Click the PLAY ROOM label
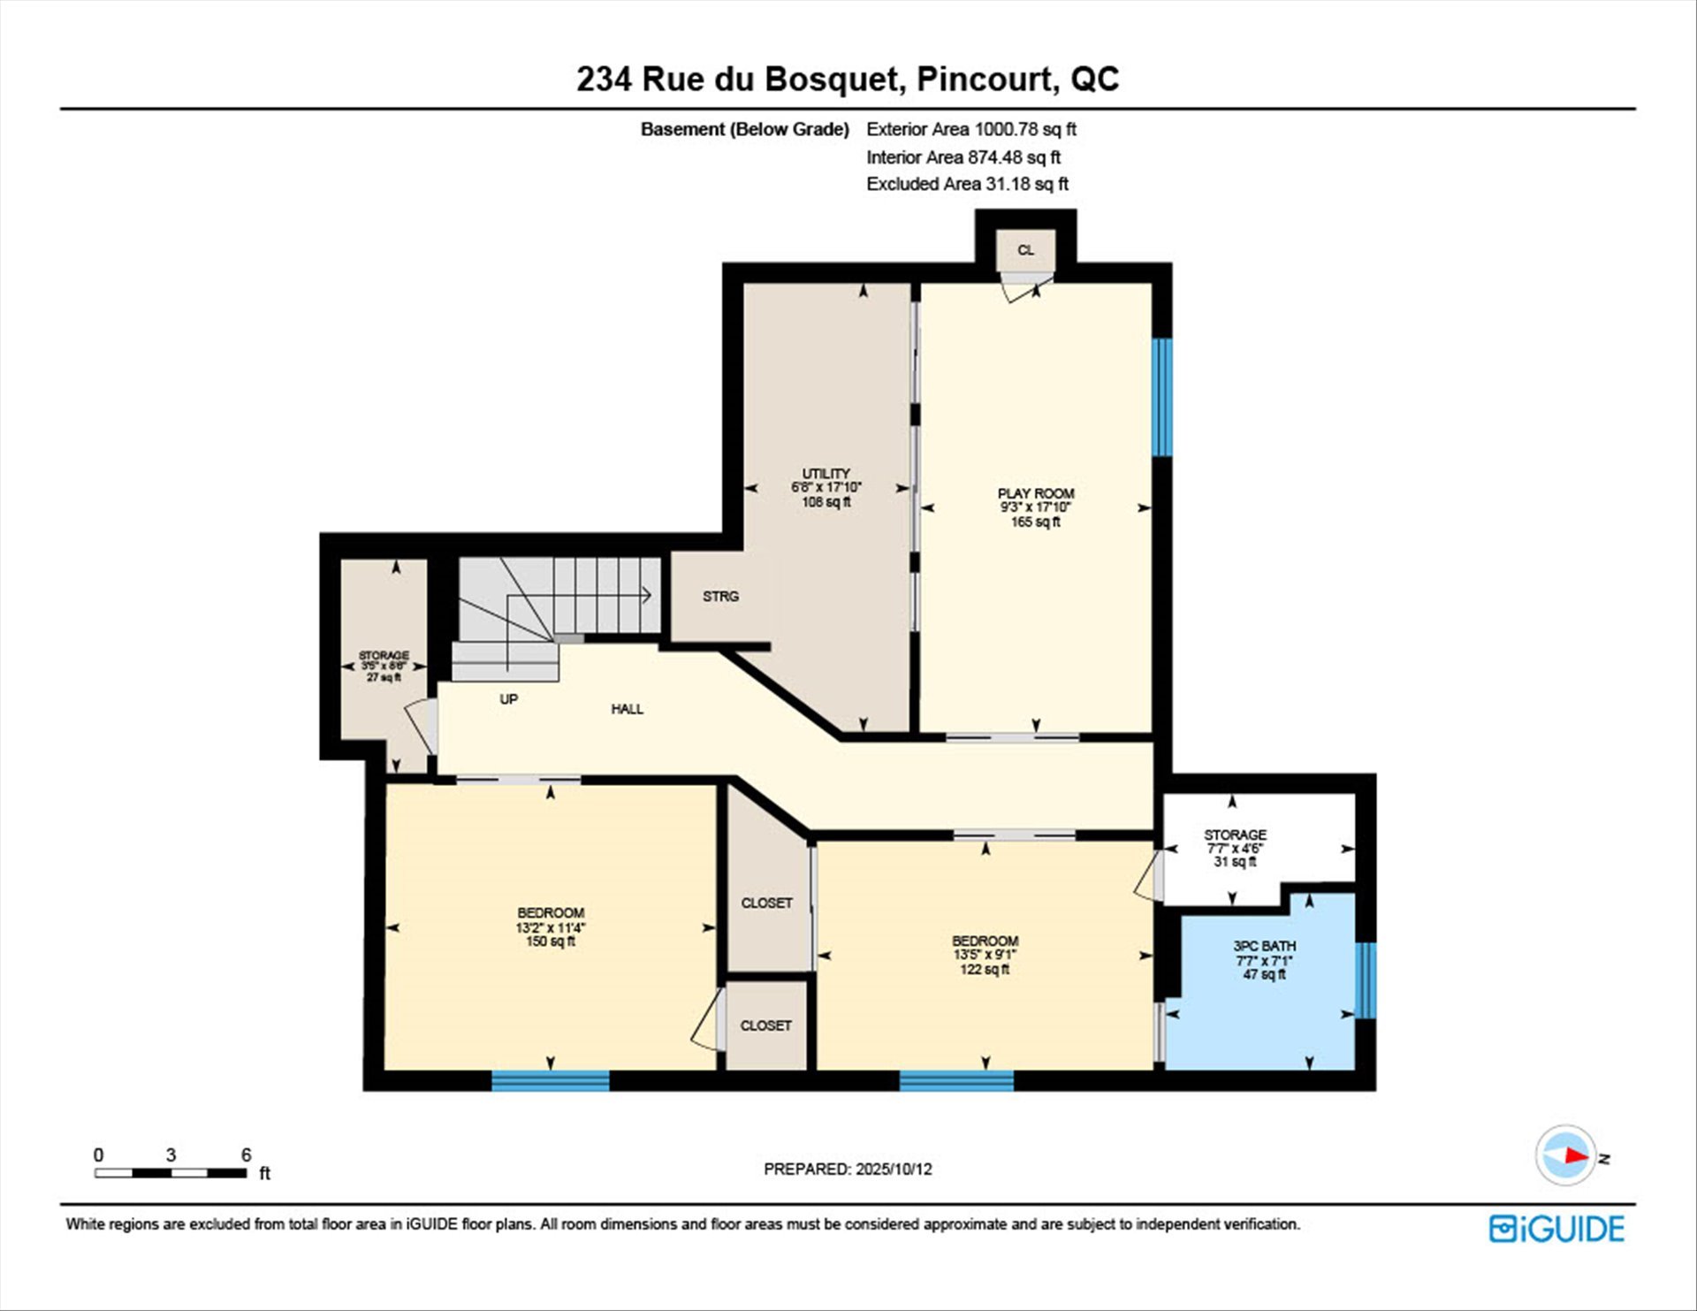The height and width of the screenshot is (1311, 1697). click(x=1036, y=493)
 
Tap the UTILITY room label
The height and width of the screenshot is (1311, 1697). click(x=826, y=473)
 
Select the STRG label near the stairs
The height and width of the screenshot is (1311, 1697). click(x=720, y=596)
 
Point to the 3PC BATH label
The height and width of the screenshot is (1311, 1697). click(x=1264, y=946)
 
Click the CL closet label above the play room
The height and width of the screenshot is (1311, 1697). click(x=1025, y=250)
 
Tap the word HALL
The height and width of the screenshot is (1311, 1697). click(x=628, y=708)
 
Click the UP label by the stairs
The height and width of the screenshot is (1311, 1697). click(x=508, y=698)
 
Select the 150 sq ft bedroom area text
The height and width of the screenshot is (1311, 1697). click(x=551, y=941)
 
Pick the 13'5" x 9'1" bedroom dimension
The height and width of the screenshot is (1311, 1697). click(x=985, y=955)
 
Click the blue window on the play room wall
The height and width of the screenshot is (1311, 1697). click(x=1162, y=397)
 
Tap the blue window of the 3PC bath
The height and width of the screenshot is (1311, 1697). click(x=1366, y=980)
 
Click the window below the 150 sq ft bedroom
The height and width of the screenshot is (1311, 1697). click(x=551, y=1080)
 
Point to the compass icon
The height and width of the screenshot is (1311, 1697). click(x=1567, y=1155)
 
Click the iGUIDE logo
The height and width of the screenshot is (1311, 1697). click(x=1556, y=1229)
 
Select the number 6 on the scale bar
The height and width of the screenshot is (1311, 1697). click(x=246, y=1155)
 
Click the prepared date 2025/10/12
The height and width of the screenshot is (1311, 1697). click(x=894, y=1169)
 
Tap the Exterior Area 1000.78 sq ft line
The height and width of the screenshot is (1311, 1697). click(x=971, y=129)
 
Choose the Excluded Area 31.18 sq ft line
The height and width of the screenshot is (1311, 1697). click(x=968, y=184)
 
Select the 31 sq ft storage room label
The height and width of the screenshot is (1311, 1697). click(x=1235, y=861)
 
